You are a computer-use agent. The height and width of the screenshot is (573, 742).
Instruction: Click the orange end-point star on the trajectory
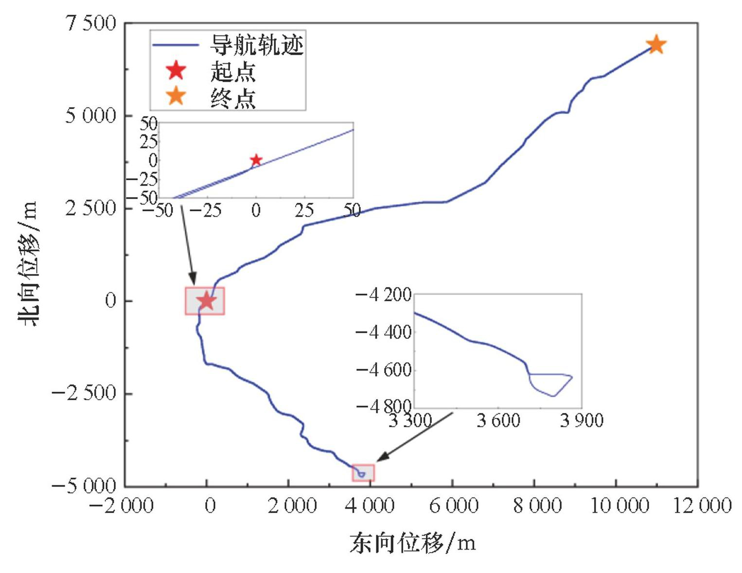tap(656, 45)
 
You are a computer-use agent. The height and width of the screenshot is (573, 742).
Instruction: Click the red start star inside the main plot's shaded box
tap(207, 300)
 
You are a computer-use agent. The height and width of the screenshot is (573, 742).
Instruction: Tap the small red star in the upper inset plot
tap(256, 160)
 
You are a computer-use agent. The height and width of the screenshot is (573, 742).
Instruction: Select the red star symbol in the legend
tap(176, 71)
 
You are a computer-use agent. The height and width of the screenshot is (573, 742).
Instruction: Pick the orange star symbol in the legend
tap(176, 96)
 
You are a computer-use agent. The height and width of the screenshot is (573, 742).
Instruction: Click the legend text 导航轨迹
tap(256, 45)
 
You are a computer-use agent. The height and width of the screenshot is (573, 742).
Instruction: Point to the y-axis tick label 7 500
tap(91, 23)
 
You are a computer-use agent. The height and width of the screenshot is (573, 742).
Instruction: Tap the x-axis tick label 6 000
tap(453, 506)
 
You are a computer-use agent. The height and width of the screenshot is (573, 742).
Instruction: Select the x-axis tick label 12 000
tap(702, 506)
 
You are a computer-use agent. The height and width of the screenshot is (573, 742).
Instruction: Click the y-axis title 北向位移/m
tap(28, 263)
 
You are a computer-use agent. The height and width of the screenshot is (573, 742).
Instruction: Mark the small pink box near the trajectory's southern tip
tap(363, 473)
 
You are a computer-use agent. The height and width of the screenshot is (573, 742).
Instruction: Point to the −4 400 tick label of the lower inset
tap(384, 333)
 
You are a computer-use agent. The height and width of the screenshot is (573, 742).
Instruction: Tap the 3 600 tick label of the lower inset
tap(498, 420)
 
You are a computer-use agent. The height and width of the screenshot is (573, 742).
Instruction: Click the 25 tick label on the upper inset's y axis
tap(149, 142)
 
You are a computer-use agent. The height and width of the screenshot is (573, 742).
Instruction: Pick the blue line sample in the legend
tap(176, 45)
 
